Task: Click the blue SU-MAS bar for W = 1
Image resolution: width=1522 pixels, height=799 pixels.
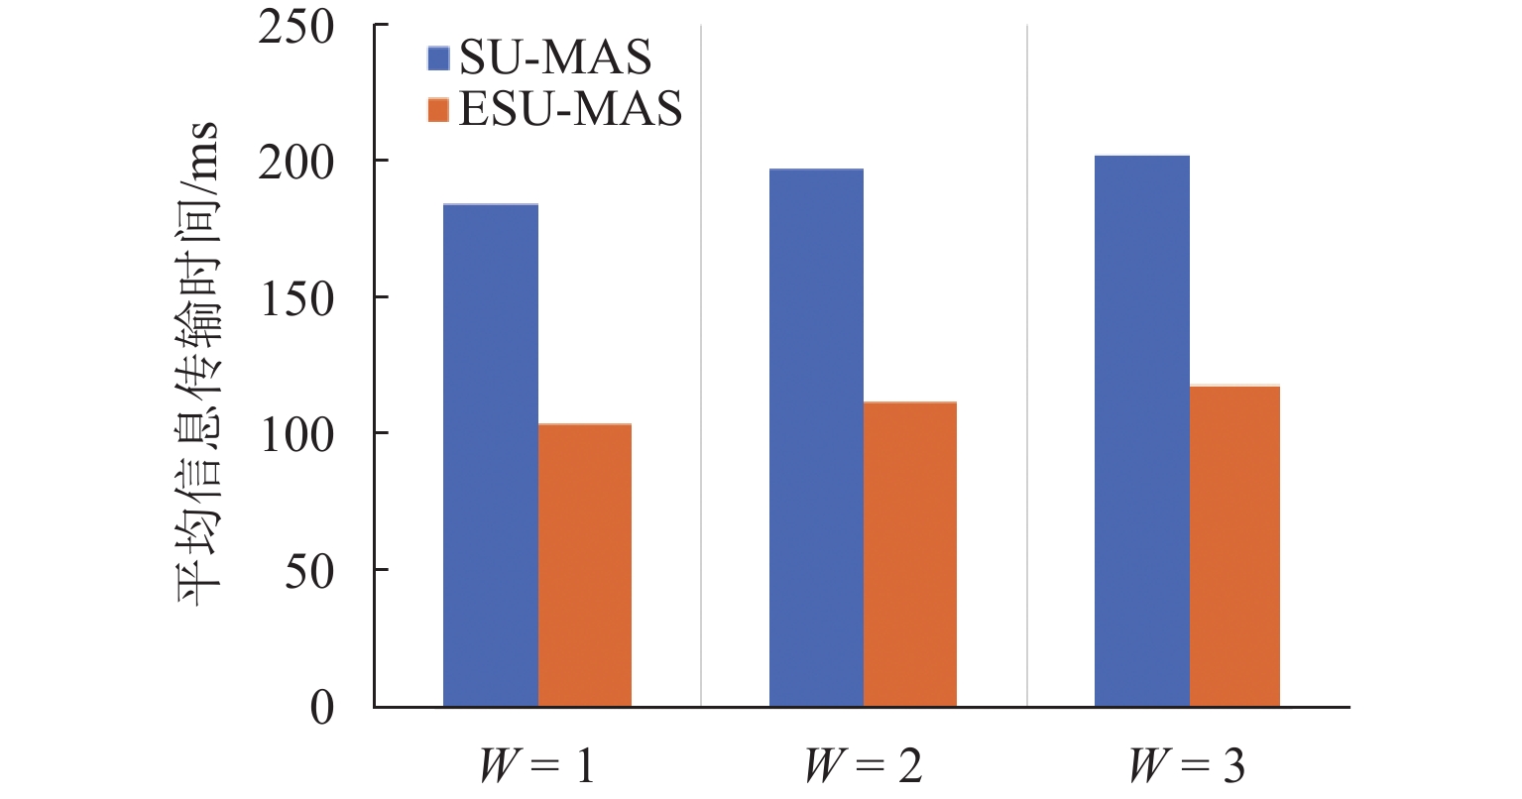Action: [x=491, y=455]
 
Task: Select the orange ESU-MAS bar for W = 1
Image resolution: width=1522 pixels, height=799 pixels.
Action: [x=585, y=565]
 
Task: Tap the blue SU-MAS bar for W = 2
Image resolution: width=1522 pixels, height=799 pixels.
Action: [x=816, y=437]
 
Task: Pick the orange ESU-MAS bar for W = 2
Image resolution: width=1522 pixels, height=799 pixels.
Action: [x=910, y=554]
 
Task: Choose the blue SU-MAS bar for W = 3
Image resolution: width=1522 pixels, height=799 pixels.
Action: [x=1141, y=431]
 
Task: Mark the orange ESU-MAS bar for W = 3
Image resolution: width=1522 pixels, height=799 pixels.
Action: [x=1234, y=546]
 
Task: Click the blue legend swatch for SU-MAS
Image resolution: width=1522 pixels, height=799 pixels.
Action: [x=438, y=57]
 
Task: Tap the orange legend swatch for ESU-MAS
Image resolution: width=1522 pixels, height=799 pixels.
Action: [x=438, y=108]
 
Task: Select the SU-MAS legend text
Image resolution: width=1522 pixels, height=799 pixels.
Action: [x=555, y=57]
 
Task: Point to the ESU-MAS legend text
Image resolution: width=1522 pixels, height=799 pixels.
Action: [x=570, y=108]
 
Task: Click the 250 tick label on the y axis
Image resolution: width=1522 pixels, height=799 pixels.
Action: [x=296, y=26]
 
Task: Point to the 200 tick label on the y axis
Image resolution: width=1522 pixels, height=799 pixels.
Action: [x=296, y=162]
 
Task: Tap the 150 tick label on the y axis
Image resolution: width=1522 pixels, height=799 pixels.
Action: [x=296, y=298]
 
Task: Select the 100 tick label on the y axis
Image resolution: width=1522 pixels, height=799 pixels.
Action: [x=296, y=434]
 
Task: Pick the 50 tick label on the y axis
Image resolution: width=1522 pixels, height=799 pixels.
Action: [x=308, y=571]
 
